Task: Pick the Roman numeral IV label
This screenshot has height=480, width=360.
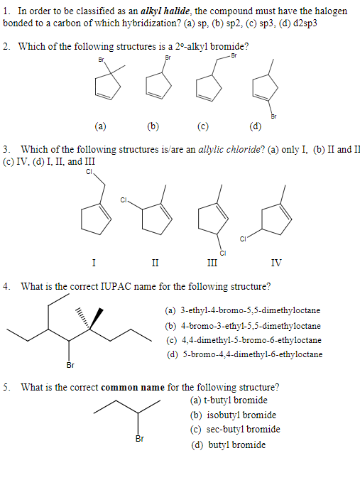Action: (x=276, y=263)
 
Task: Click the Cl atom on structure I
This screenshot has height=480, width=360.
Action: (x=89, y=171)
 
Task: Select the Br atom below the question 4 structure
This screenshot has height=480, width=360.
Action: (x=70, y=366)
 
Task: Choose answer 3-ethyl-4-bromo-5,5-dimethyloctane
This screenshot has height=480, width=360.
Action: (x=243, y=310)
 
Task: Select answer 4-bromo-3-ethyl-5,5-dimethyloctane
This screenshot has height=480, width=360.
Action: (x=243, y=325)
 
